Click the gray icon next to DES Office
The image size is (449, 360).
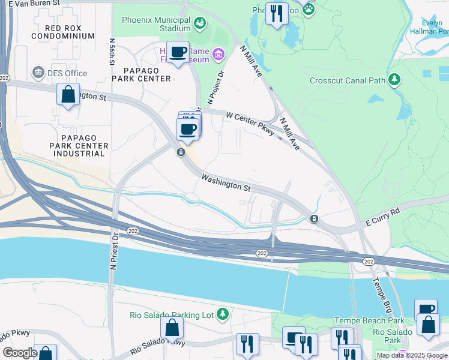coord(39,73)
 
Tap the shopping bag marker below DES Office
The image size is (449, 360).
coord(68,95)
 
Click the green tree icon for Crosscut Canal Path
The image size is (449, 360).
coord(394,79)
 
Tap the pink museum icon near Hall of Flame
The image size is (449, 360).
coord(218,56)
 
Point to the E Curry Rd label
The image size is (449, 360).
coord(382,218)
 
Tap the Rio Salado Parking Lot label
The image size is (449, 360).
coord(172,314)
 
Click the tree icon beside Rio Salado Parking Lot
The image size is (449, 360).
coord(223,314)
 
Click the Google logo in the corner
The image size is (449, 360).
coord(20,353)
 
